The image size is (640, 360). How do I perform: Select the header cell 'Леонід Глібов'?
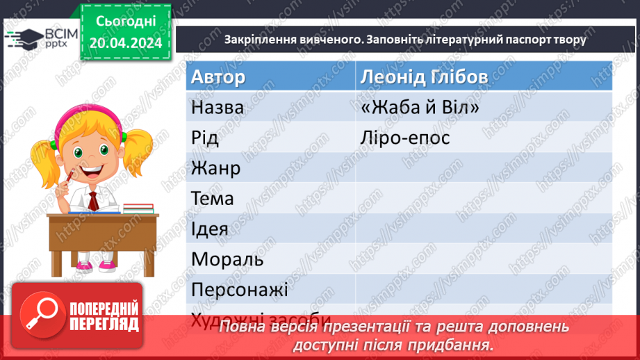click(424, 76)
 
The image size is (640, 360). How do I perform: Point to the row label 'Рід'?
click(205, 138)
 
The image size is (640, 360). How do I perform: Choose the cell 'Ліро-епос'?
click(405, 138)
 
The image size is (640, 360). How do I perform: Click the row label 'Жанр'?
click(215, 168)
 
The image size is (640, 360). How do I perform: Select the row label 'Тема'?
click(213, 199)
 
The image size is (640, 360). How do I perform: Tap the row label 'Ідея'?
click(210, 229)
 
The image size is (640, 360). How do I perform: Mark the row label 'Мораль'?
click(227, 259)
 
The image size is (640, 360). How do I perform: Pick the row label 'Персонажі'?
click(239, 289)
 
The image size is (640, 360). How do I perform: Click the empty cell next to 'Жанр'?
click(483, 168)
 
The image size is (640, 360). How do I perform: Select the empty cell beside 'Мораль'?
click(483, 259)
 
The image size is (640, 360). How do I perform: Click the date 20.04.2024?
click(125, 43)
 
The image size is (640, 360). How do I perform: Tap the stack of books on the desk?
click(137, 208)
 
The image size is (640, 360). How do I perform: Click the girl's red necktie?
click(92, 201)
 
